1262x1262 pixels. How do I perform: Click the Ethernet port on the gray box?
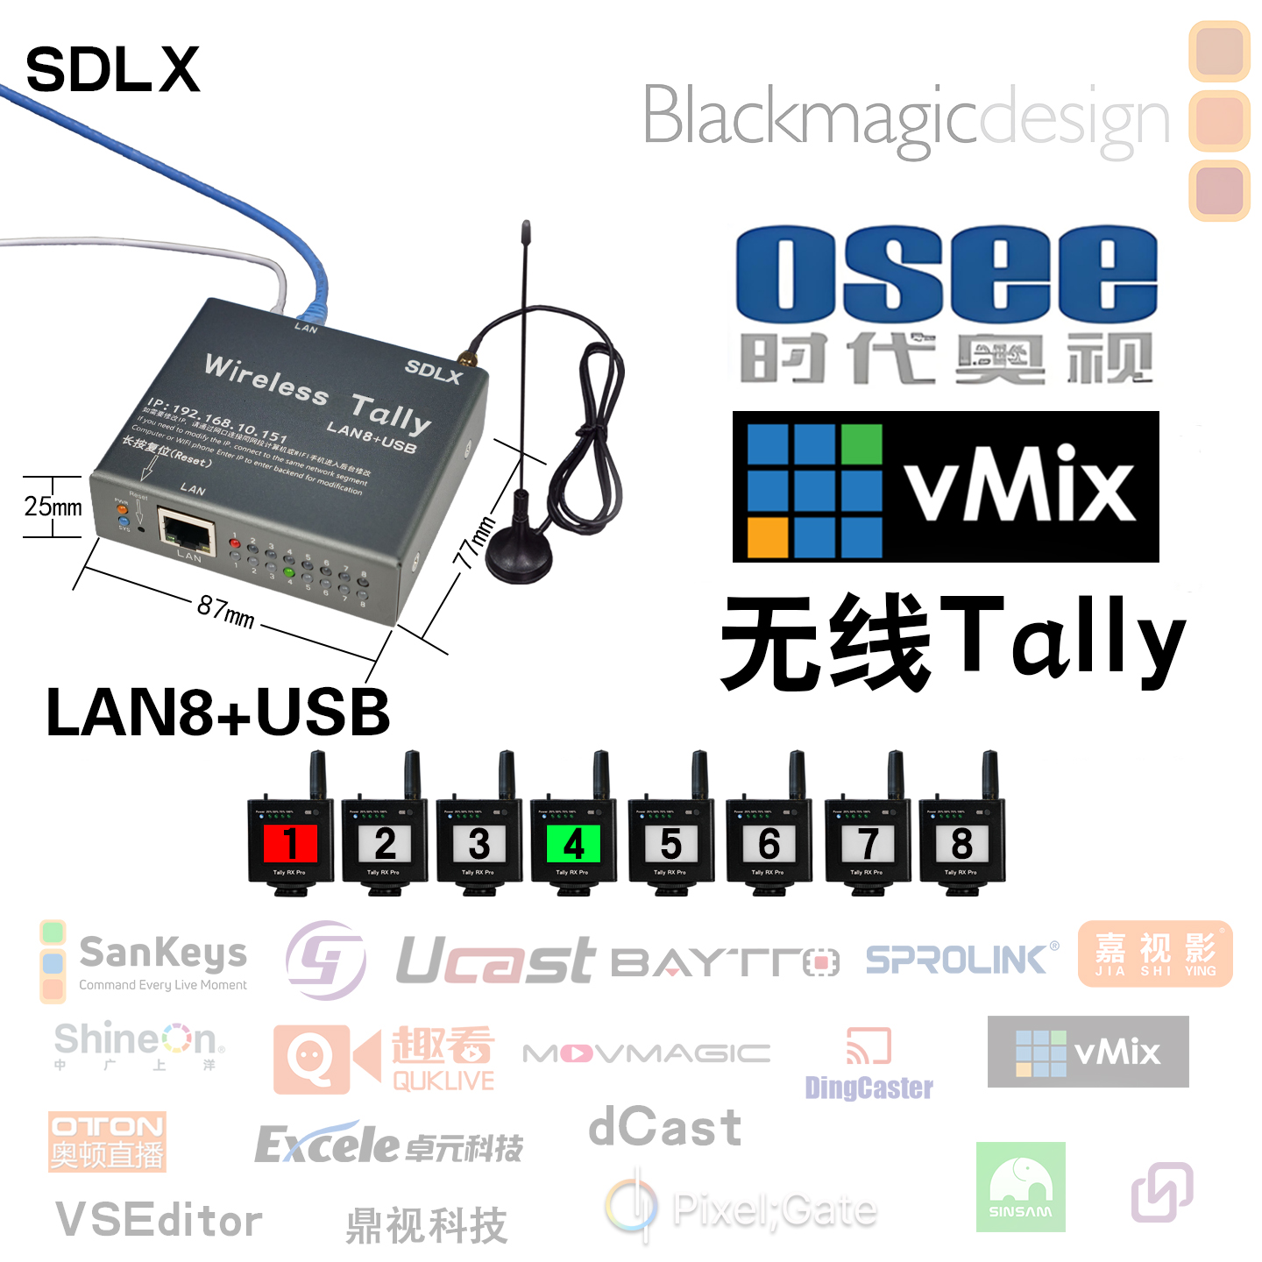click(x=186, y=531)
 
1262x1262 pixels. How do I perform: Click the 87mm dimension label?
click(x=226, y=611)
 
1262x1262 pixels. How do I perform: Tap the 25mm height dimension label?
click(x=53, y=507)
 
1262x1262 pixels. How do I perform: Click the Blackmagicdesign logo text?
click(x=905, y=117)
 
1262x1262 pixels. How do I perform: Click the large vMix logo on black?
click(x=946, y=486)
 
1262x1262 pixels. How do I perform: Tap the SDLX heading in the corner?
click(x=112, y=70)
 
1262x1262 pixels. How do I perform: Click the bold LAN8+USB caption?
click(x=217, y=712)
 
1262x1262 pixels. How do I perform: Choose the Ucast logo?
click(x=495, y=961)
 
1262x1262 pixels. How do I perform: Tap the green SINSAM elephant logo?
click(x=1020, y=1187)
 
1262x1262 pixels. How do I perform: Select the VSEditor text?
click(x=159, y=1220)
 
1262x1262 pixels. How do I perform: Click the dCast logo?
click(x=665, y=1127)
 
